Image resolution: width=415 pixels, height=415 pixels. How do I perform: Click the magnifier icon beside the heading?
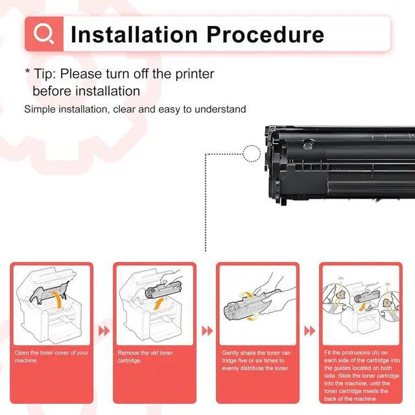click(x=44, y=34)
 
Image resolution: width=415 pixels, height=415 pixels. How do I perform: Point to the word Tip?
click(x=45, y=74)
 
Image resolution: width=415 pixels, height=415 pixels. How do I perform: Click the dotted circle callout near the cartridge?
click(x=252, y=154)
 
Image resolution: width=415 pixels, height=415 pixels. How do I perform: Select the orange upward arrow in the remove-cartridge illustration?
click(x=159, y=304)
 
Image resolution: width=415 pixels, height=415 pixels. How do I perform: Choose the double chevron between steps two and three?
click(x=207, y=331)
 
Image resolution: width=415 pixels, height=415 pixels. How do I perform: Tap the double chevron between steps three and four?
click(x=310, y=331)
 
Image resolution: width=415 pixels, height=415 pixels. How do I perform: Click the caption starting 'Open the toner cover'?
click(x=51, y=356)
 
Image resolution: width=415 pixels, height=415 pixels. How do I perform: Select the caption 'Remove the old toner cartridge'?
click(x=145, y=356)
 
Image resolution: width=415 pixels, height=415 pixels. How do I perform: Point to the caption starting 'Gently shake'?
click(x=257, y=361)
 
